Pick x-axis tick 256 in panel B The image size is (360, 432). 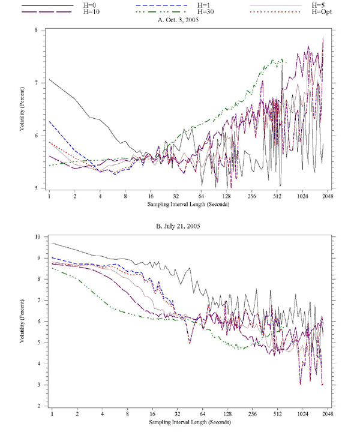(252, 415)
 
